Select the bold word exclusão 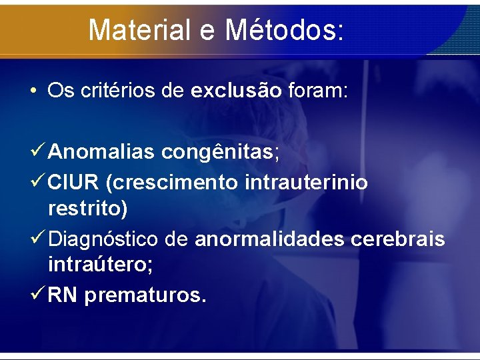[236, 91]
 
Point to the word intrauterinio [306, 182]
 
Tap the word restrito [87, 209]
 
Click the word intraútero [100, 266]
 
